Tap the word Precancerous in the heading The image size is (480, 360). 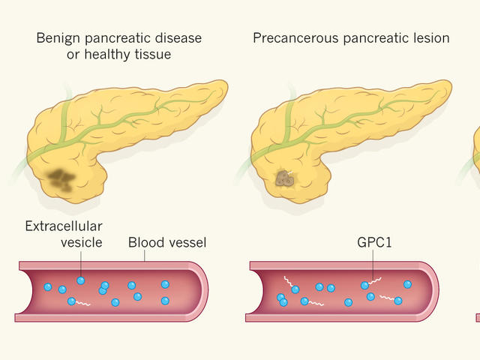point(287,37)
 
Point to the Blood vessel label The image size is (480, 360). point(167,243)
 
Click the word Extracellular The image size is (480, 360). point(63,226)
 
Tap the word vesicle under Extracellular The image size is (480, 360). point(81,242)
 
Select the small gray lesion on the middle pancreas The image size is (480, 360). point(283,178)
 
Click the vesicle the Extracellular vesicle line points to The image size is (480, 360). point(81,280)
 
